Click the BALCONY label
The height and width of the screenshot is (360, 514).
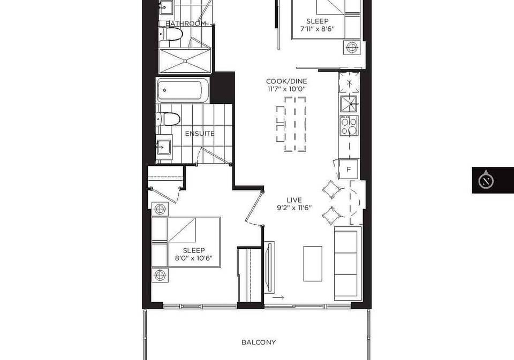259,342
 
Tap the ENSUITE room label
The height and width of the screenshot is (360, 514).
200,134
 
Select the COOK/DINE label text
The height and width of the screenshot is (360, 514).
286,81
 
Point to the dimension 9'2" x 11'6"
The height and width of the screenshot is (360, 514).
294,208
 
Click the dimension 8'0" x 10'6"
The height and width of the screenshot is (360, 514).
194,258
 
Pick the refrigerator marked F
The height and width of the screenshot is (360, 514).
349,170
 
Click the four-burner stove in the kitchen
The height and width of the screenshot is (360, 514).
349,126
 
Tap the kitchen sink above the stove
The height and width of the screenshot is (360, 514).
350,104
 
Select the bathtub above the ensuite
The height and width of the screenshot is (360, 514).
183,90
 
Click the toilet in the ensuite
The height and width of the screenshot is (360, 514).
169,119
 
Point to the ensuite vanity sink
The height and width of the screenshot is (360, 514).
164,147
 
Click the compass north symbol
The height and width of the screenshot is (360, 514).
486,180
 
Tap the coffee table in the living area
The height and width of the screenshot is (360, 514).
313,264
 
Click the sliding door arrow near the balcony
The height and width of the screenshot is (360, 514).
278,297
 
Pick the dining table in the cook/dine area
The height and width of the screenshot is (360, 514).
295,124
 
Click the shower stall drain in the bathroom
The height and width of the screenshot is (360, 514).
185,61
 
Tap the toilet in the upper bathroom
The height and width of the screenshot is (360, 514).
170,34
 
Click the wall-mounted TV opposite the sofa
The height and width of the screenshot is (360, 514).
270,267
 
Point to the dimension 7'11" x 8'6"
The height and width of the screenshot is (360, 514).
318,28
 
